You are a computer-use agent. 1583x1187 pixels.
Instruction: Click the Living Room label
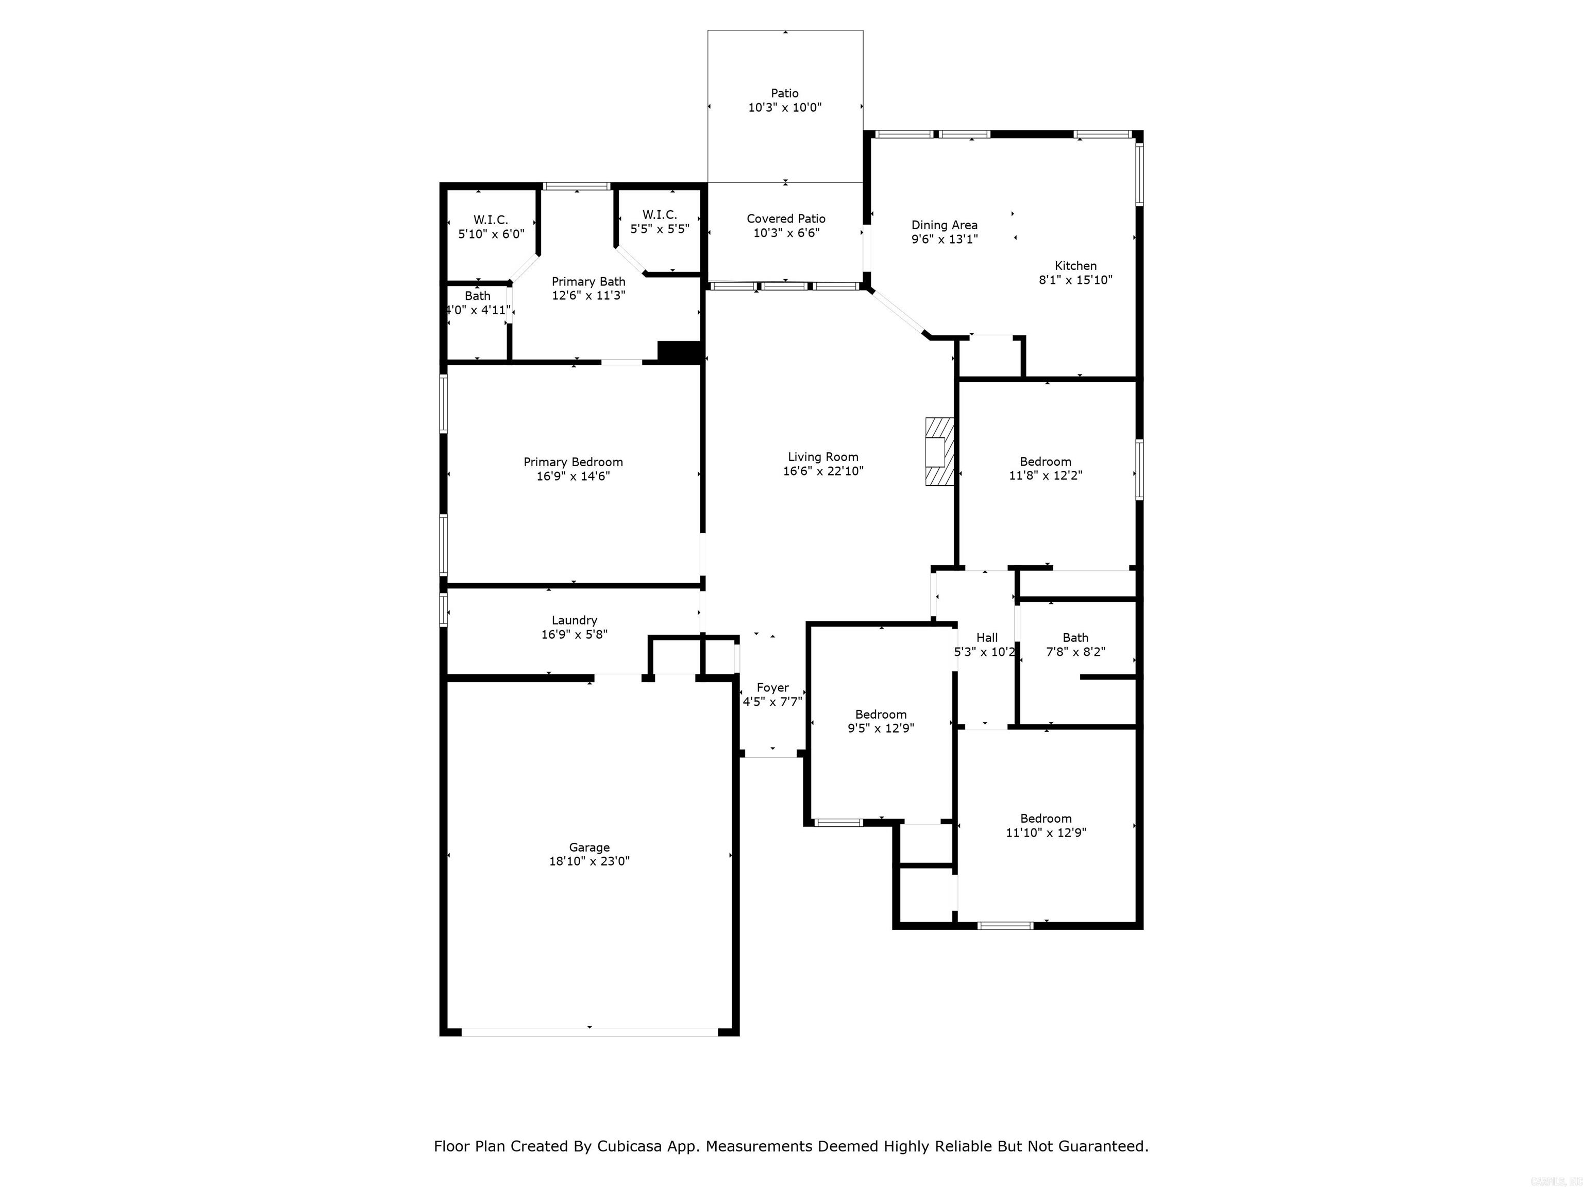point(823,457)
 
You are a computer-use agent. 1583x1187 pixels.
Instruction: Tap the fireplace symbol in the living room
point(939,452)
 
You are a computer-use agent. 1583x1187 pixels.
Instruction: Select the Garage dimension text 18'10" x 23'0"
point(589,861)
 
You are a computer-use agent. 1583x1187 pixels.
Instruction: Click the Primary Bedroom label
point(573,462)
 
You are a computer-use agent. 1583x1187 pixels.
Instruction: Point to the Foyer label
point(772,688)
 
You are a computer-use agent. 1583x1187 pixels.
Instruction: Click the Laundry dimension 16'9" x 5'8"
point(574,635)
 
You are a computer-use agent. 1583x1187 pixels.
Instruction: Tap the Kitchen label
point(1075,265)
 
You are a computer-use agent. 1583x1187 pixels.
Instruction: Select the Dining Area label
point(944,225)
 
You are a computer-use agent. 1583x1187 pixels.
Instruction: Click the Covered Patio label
point(786,219)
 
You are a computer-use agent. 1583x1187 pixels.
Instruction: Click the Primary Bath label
point(588,282)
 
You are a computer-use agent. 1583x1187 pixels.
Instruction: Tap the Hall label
point(987,637)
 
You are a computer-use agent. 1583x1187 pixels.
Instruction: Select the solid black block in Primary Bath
point(679,352)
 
